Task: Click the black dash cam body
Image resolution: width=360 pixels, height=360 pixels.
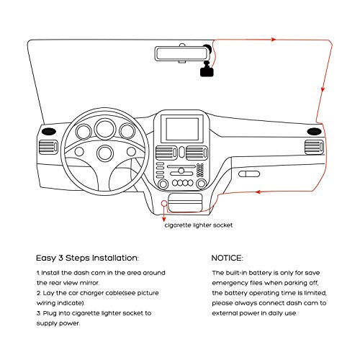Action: (x=207, y=71)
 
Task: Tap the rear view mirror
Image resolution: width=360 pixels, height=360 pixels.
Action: (x=182, y=54)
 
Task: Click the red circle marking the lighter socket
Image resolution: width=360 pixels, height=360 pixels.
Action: (x=164, y=204)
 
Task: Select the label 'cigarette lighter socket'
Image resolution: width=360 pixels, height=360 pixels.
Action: (x=199, y=225)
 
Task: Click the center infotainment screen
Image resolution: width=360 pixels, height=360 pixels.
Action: (x=182, y=129)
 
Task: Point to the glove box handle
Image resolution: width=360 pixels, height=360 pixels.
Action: (x=249, y=174)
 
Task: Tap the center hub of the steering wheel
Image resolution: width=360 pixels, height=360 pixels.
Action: (x=105, y=153)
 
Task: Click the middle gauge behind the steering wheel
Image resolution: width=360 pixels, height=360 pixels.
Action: (x=105, y=129)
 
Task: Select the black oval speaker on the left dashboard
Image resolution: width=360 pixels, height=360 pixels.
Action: (x=49, y=132)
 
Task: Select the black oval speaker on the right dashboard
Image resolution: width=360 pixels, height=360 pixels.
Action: (x=314, y=131)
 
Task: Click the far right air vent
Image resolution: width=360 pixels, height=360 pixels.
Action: (x=314, y=148)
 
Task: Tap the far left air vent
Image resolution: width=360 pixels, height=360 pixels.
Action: (x=48, y=148)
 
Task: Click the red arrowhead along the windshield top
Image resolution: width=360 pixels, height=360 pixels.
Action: (x=274, y=40)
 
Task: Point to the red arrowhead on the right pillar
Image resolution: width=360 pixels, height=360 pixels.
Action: (x=323, y=89)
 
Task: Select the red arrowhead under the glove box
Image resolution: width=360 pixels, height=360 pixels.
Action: (x=258, y=192)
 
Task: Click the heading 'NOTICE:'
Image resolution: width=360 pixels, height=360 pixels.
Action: (x=227, y=258)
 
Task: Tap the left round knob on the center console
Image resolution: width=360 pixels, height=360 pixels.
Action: (x=163, y=184)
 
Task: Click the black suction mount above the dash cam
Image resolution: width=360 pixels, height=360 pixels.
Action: (x=207, y=48)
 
